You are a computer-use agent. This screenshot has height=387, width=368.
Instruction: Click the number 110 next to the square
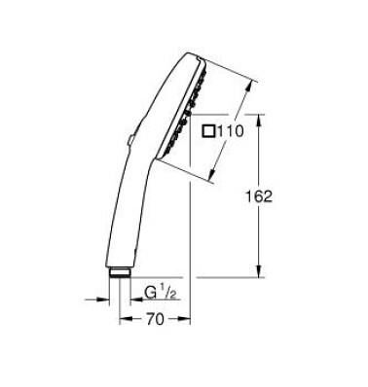[229, 133]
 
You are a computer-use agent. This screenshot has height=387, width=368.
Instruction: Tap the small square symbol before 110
[207, 133]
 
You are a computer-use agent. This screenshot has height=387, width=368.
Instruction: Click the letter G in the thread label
[151, 293]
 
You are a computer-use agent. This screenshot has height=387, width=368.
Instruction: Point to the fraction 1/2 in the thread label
[166, 291]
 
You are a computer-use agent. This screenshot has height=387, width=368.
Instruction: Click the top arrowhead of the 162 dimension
[259, 119]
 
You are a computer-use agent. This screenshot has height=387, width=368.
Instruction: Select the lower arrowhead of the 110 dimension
[210, 180]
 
